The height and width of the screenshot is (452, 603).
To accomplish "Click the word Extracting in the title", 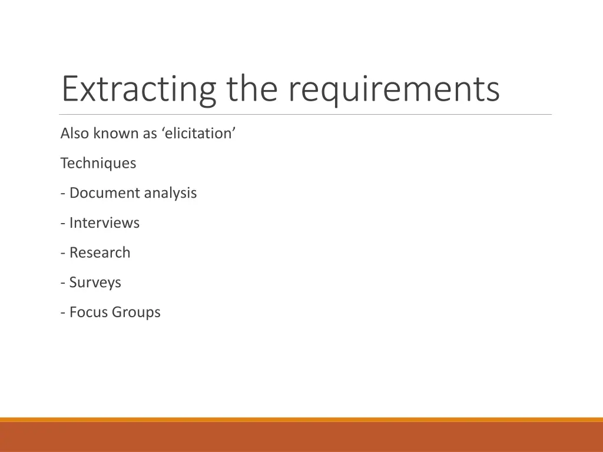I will click(x=138, y=89).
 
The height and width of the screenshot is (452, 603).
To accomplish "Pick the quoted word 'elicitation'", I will click(x=198, y=134).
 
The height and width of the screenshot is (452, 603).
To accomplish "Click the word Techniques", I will click(x=98, y=163).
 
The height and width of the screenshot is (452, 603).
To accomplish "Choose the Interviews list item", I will click(x=104, y=223).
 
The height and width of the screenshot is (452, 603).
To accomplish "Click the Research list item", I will click(x=100, y=252).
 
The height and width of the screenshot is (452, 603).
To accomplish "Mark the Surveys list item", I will click(x=95, y=282).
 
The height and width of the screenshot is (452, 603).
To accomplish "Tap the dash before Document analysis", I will click(x=63, y=194).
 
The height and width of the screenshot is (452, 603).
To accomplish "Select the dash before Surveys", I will click(x=63, y=283).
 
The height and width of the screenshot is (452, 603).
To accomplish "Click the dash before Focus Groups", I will click(x=63, y=313).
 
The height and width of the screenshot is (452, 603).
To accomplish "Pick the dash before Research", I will click(x=63, y=253).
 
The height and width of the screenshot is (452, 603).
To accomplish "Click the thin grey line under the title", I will click(x=306, y=114).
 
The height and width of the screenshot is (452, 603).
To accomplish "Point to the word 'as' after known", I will click(x=150, y=134).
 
